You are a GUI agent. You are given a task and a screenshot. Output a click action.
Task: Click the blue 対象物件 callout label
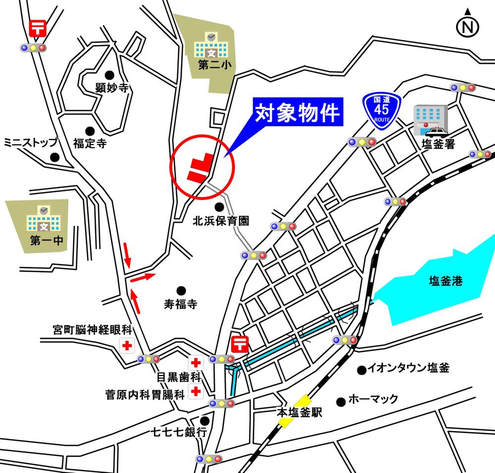pyautogui.click(x=298, y=113)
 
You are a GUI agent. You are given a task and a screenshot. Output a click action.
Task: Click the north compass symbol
pyautogui.click(x=467, y=25)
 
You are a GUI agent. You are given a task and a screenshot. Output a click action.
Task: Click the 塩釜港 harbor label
pyautogui.click(x=445, y=282)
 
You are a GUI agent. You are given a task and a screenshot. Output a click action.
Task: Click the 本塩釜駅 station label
pyautogui.click(x=299, y=412)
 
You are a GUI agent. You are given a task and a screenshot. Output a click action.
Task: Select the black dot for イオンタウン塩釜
pyautogui.click(x=362, y=369)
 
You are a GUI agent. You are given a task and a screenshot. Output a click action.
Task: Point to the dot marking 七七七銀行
pyautogui.click(x=204, y=421)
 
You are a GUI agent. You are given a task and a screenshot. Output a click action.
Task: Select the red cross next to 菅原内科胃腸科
pyautogui.click(x=197, y=391)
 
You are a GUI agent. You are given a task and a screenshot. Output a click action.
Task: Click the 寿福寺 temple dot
pyautogui.click(x=181, y=290)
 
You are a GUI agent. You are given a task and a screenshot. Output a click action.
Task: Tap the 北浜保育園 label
pyautogui.click(x=220, y=222)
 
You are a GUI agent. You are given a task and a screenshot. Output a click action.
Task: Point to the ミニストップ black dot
pyautogui.click(x=55, y=157)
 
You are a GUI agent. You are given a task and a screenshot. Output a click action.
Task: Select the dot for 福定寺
pyautogui.click(x=90, y=131)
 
